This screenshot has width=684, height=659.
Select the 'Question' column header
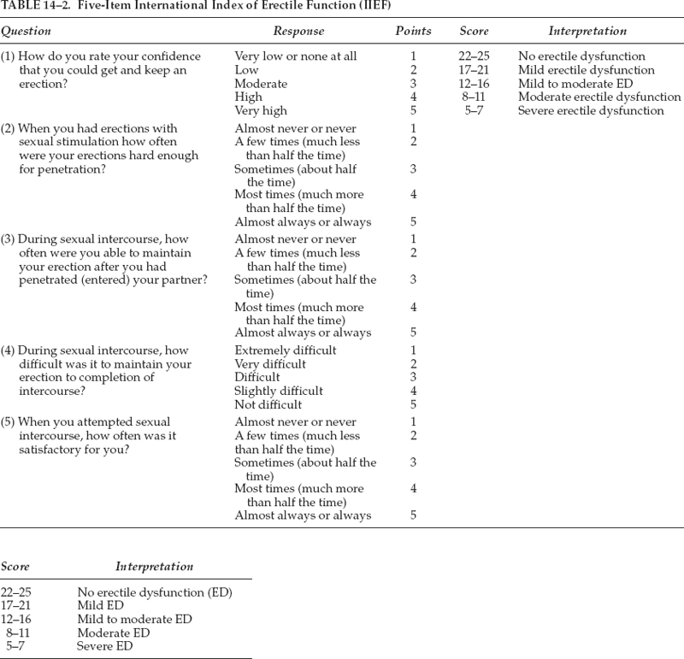point(27,31)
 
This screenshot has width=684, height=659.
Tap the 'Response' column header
point(298,31)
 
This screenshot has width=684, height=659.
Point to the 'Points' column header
point(413,31)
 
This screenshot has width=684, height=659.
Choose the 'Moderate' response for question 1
point(261,84)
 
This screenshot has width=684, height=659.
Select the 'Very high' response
point(261,111)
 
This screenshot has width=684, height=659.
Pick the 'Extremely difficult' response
point(286,350)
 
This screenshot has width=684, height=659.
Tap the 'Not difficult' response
point(269,405)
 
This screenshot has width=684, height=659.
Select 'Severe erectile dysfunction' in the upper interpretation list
point(591,111)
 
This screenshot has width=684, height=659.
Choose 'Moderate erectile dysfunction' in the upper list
point(599,97)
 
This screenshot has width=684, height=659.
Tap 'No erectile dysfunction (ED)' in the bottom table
point(155,591)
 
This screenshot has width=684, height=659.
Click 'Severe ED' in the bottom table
point(105,646)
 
